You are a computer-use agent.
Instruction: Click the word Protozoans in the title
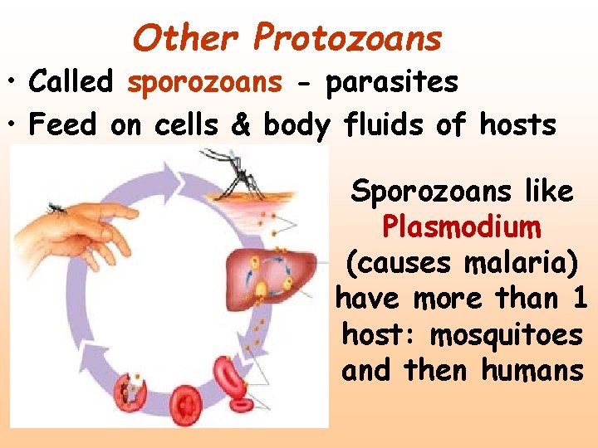pos(348,38)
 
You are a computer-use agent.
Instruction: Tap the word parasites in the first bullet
pos(391,82)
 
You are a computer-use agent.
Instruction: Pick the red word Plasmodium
pos(462,226)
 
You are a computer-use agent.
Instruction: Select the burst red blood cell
pos(132,389)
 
